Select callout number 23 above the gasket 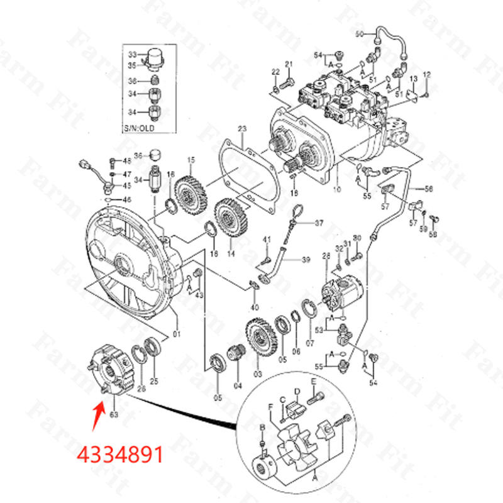pyautogui.click(x=242, y=130)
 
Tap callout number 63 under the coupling pyautogui.click(x=114, y=414)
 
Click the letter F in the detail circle pyautogui.click(x=271, y=407)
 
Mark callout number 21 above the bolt pyautogui.click(x=289, y=65)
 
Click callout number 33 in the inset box pyautogui.click(x=133, y=54)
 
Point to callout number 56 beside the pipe pyautogui.click(x=429, y=189)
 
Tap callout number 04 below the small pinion pyautogui.click(x=238, y=385)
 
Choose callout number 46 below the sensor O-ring pyautogui.click(x=127, y=199)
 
